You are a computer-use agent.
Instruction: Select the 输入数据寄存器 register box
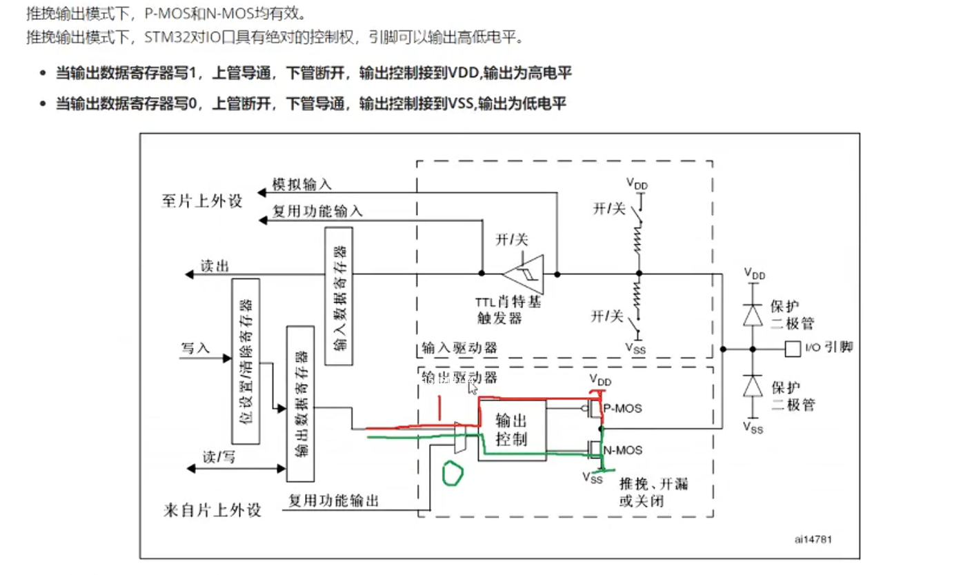coord(339,296)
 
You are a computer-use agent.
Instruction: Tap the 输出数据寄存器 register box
coord(300,405)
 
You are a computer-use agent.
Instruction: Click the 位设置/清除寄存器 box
coord(246,362)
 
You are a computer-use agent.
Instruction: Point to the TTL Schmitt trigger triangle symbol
coord(524,274)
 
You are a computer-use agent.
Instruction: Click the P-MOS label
coord(623,409)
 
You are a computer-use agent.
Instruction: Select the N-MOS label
coord(623,450)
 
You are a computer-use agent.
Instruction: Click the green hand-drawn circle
coord(453,473)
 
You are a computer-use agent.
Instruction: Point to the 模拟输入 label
coord(301,184)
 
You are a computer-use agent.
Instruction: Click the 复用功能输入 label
coord(317,212)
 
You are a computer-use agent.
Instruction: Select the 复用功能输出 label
coord(333,501)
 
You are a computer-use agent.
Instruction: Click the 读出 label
coord(215,266)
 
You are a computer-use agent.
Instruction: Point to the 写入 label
coord(195,347)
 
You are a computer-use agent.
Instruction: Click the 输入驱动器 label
coord(459,348)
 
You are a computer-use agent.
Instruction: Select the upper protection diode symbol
coord(754,314)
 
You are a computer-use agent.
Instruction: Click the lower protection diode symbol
coord(754,387)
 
